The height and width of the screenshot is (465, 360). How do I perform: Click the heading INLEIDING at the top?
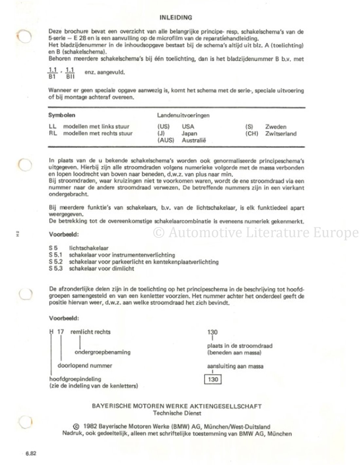(175, 17)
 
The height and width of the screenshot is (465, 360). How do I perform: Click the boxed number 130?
(213, 379)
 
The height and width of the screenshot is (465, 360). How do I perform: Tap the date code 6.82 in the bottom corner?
(30, 454)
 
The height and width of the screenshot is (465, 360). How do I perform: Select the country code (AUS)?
(165, 140)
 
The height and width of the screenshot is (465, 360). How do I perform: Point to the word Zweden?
(276, 127)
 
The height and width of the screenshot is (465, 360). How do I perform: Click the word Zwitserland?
(281, 133)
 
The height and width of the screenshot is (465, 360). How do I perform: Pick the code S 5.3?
(56, 268)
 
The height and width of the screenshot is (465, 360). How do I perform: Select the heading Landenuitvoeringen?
(183, 115)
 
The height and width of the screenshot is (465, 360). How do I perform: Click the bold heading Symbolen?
(62, 115)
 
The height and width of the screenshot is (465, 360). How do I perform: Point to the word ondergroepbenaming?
(102, 352)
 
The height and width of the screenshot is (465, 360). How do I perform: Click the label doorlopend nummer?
(85, 366)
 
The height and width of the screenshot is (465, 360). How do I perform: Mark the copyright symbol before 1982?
(77, 427)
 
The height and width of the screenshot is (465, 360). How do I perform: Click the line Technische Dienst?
(177, 413)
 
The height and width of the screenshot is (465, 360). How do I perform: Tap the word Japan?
(189, 133)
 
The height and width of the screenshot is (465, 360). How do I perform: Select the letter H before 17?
(51, 332)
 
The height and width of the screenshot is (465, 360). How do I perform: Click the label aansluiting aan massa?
(235, 366)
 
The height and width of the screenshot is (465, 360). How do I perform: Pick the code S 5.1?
(56, 255)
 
